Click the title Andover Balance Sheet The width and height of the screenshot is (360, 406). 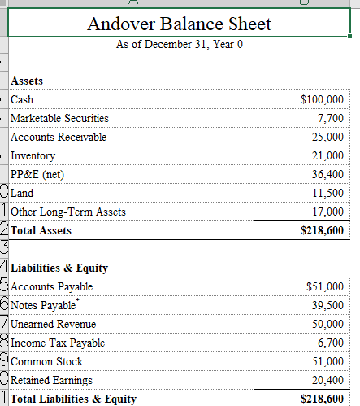tap(180, 24)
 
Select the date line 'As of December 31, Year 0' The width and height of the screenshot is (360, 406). tap(180, 44)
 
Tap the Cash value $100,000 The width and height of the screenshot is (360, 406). tap(322, 100)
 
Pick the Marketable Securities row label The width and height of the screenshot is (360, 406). tap(59, 119)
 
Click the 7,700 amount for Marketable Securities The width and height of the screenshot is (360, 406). tap(330, 119)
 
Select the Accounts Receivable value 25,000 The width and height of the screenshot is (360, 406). tap(327, 137)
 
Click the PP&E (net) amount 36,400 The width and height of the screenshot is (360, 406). tap(327, 174)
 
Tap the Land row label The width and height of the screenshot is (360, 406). tap(22, 193)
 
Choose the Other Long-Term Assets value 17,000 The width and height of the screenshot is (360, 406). tap(327, 212)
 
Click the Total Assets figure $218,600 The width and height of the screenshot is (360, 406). tap(322, 230)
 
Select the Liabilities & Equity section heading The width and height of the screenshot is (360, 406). tap(60, 267)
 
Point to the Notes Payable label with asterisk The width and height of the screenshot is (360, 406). tap(46, 305)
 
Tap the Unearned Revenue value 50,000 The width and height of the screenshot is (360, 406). tap(327, 324)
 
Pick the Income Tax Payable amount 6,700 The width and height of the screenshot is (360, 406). tap(330, 343)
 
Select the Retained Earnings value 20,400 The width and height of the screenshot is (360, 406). tap(327, 380)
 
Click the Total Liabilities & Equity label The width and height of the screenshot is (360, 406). tap(73, 399)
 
